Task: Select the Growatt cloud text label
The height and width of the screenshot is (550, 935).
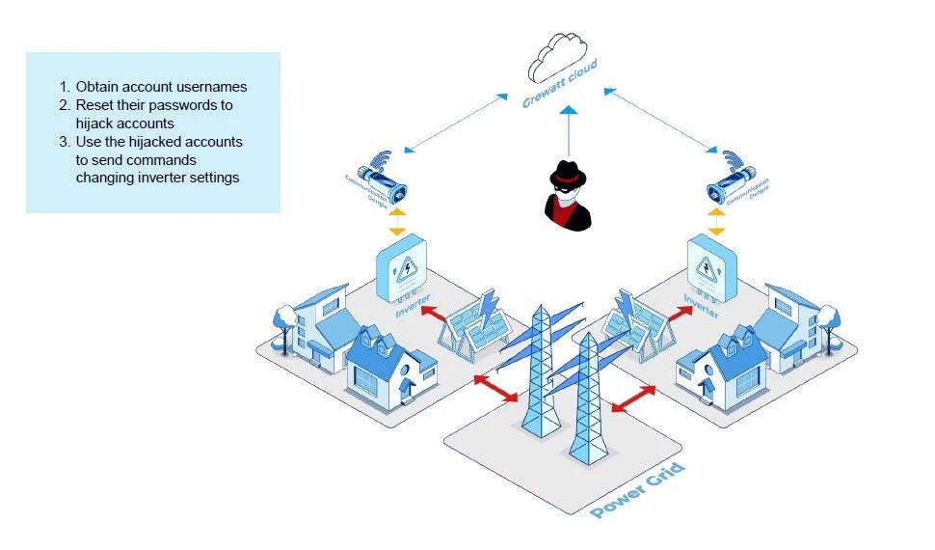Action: pyautogui.click(x=560, y=86)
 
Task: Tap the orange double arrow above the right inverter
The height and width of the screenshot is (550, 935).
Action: pyautogui.click(x=715, y=223)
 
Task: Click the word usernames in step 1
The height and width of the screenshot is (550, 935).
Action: pyautogui.click(x=216, y=88)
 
